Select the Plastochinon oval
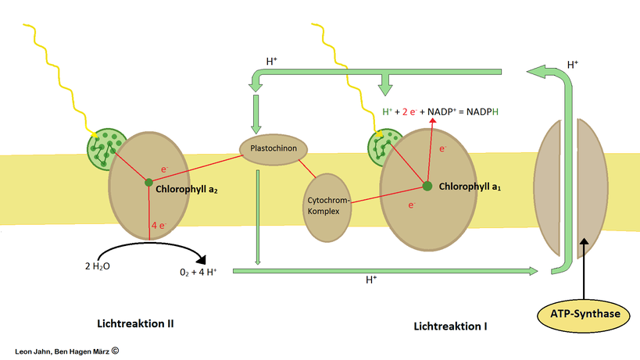(274, 147)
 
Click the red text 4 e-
(159, 225)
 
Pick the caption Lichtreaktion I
(450, 325)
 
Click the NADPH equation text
(439, 112)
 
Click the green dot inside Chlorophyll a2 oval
(148, 183)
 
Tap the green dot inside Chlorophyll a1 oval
(427, 186)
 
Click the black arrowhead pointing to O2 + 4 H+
(202, 258)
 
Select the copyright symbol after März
(115, 351)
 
